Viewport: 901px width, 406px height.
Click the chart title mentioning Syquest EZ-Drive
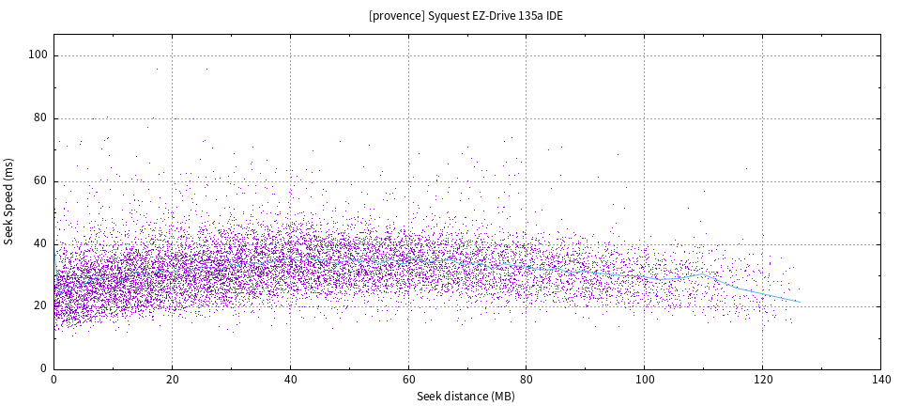(466, 16)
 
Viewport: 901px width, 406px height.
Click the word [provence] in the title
(397, 16)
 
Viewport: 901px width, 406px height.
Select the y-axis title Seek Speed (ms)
(9, 201)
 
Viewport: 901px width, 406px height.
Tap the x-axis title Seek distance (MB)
(466, 397)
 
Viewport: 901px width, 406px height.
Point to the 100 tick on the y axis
(39, 55)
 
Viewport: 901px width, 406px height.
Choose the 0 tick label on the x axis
(53, 381)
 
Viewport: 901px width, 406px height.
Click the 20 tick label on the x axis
(172, 381)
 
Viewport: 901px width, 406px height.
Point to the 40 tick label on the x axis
(290, 381)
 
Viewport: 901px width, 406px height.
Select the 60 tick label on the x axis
(408, 381)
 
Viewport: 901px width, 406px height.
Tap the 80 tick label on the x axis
(527, 381)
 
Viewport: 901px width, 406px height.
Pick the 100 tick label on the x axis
(644, 381)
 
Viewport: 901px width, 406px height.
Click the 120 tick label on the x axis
(762, 381)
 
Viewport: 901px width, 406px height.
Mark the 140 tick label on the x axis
(880, 381)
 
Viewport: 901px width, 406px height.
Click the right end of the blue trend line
(800, 302)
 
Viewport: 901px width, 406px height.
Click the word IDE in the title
(554, 16)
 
